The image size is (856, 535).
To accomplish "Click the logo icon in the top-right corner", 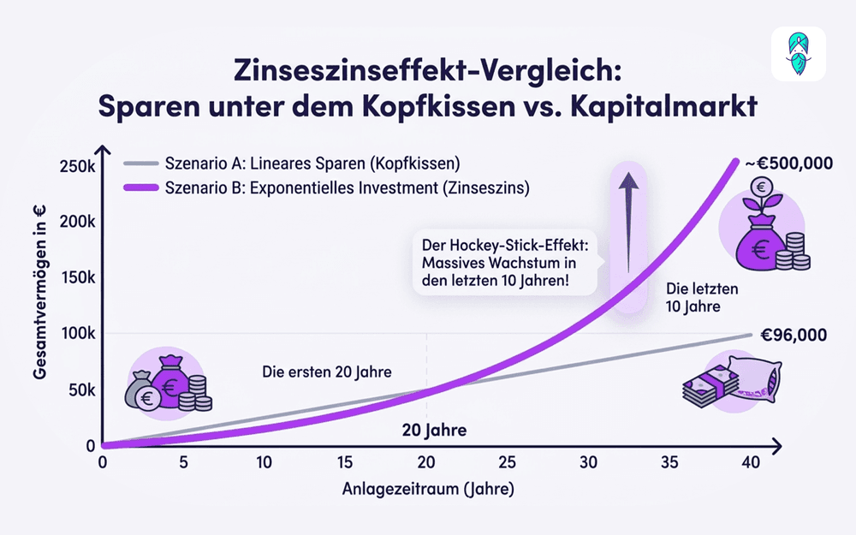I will point(798,54).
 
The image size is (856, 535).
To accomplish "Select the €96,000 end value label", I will point(792,335).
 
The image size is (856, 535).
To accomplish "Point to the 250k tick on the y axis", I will point(76,165).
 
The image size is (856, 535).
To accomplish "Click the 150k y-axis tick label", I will point(76,277).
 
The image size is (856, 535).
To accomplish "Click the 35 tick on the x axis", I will point(669,463).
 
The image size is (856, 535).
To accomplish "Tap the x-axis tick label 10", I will point(264,463).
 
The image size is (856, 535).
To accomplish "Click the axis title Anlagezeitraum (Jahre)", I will point(429,490).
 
